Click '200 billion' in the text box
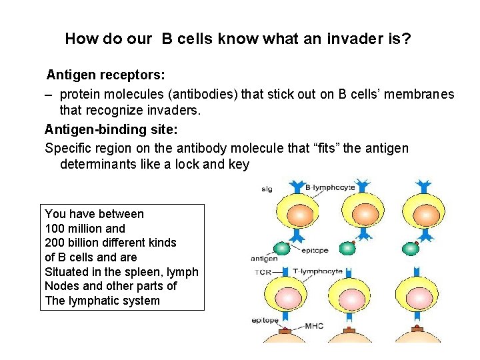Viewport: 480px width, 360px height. point(75,243)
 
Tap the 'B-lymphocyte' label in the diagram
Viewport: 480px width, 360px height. point(329,188)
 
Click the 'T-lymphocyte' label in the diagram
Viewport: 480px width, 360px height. point(318,271)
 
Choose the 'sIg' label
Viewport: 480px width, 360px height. point(267,189)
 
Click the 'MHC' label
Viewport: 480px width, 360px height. point(315,326)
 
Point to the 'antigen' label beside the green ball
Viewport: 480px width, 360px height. point(264,258)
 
